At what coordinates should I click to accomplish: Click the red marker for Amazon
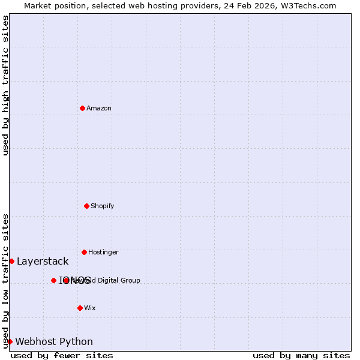click(82, 108)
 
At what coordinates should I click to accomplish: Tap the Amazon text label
click(99, 109)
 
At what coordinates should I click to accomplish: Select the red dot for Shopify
click(86, 206)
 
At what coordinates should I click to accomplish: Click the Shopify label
click(103, 206)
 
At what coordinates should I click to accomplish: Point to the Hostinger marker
click(84, 252)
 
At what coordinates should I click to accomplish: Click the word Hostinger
click(103, 253)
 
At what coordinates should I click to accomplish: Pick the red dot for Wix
click(80, 308)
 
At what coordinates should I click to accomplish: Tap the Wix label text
click(90, 308)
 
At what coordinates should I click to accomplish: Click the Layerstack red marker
click(11, 261)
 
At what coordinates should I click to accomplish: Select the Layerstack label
click(43, 262)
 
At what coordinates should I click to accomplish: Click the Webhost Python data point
click(10, 341)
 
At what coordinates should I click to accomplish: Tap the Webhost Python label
click(54, 342)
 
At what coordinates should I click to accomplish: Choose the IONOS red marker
click(53, 280)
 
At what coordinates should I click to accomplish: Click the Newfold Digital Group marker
click(66, 280)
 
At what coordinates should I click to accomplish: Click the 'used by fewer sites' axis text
click(62, 356)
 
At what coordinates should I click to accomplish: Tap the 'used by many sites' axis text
click(301, 356)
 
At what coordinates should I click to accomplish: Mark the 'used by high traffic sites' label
click(5, 85)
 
